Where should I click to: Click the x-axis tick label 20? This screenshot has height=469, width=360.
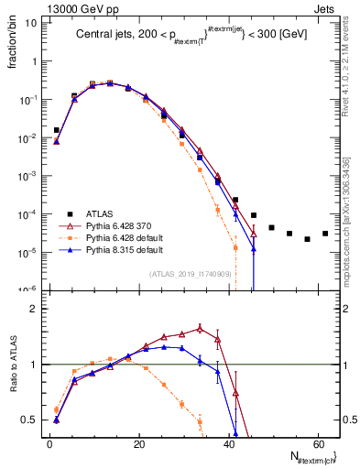click(138, 443)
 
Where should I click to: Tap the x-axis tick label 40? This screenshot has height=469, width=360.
click(227, 443)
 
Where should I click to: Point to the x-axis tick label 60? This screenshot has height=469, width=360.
click(317, 443)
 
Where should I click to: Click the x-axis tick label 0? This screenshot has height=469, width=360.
click(49, 443)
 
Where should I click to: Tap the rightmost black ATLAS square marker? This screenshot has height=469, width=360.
click(325, 233)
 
